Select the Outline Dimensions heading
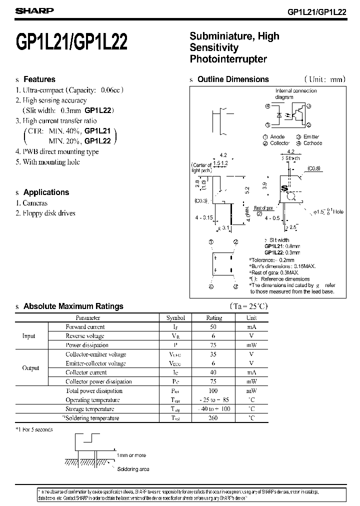[233, 79]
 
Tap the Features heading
[39, 79]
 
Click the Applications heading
[46, 192]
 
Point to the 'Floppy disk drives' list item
[48, 213]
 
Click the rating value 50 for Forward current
[214, 327]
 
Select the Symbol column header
[175, 317]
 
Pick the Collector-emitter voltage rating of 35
[214, 354]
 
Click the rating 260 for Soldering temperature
[214, 418]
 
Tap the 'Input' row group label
[29, 336]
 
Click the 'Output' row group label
[30, 368]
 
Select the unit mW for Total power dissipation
[251, 391]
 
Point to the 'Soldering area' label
[133, 469]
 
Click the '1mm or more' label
[131, 455]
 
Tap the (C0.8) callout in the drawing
[314, 168]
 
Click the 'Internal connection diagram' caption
[296, 93]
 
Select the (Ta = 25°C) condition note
[248, 306]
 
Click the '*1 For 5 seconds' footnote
[34, 429]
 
